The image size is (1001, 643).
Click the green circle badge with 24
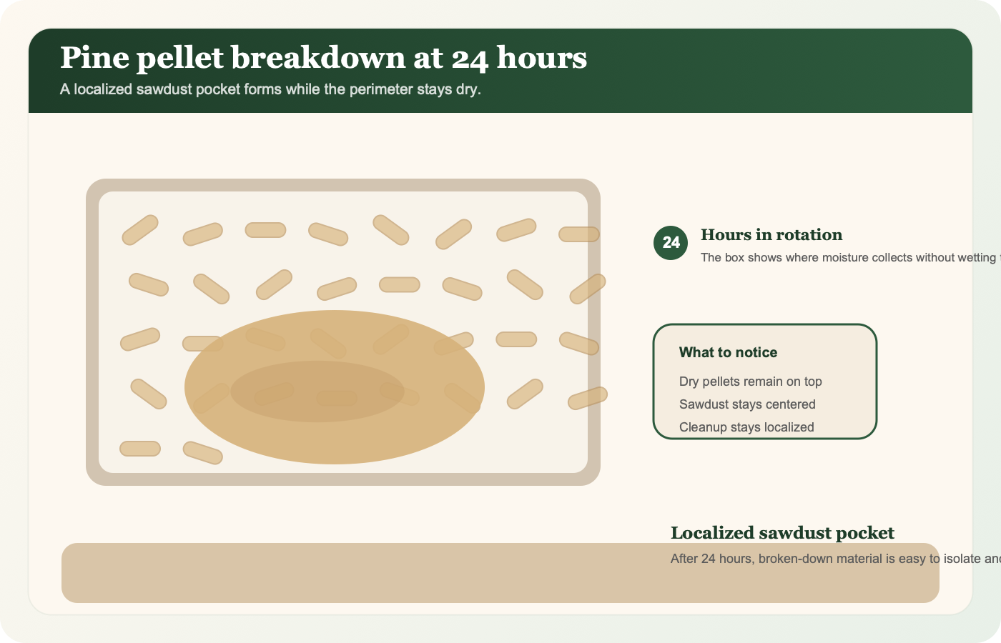[x=671, y=243]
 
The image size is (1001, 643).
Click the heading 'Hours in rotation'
[x=771, y=235]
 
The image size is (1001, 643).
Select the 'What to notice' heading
[x=728, y=352]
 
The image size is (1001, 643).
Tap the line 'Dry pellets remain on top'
[x=750, y=382]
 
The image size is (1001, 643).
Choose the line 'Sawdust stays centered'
[x=747, y=404]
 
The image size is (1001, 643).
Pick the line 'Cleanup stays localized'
[x=746, y=427]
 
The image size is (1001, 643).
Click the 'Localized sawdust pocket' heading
[x=782, y=533]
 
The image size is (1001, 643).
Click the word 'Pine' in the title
[x=94, y=58]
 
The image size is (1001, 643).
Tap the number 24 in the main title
[x=470, y=59]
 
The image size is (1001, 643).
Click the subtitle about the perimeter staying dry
[x=270, y=89]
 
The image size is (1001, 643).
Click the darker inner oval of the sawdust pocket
[x=317, y=392]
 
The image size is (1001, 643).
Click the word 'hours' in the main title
[x=541, y=58]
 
